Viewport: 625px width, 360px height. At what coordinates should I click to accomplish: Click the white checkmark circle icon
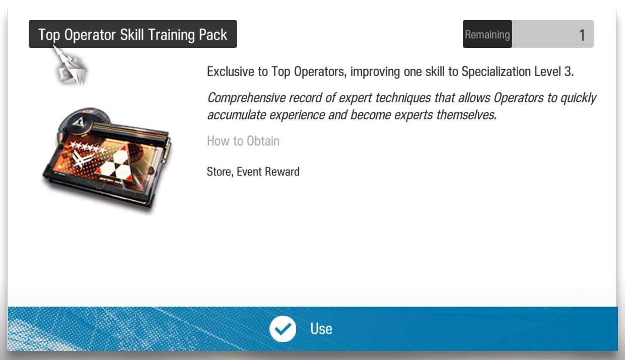pyautogui.click(x=283, y=329)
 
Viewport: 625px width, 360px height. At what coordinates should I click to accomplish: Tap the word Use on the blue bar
pyautogui.click(x=321, y=329)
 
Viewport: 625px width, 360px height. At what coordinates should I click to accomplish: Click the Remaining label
pyautogui.click(x=487, y=35)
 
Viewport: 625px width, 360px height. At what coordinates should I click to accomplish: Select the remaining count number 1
pyautogui.click(x=582, y=35)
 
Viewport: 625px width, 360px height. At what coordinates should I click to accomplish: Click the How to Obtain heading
pyautogui.click(x=243, y=141)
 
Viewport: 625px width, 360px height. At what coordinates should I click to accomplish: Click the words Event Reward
pyautogui.click(x=268, y=172)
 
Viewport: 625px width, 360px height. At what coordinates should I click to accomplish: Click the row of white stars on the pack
pyautogui.click(x=87, y=148)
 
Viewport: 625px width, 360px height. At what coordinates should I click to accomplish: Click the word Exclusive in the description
pyautogui.click(x=230, y=71)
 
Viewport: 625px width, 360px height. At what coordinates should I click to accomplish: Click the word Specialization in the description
pyautogui.click(x=496, y=72)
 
